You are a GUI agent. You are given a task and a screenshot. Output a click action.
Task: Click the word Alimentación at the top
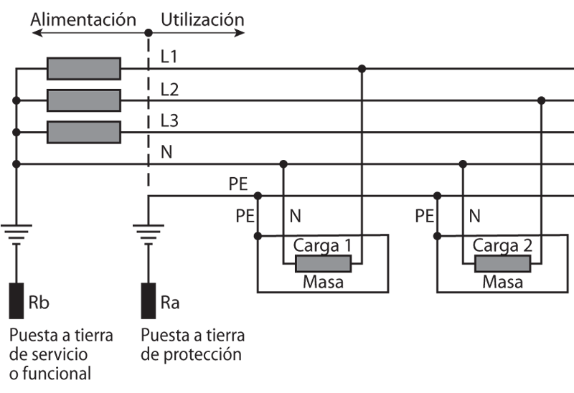pos(83,19)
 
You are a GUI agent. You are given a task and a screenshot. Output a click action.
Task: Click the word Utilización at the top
pos(202,19)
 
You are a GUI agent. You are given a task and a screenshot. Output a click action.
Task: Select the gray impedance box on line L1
pos(84,69)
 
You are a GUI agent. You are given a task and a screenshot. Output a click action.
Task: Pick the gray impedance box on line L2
pos(84,100)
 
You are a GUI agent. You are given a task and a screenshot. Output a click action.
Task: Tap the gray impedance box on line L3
pos(84,132)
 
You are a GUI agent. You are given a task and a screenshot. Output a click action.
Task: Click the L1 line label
pos(170,57)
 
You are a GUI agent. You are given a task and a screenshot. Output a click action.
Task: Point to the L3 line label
pos(170,120)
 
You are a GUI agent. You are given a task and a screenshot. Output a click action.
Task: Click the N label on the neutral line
pos(166,152)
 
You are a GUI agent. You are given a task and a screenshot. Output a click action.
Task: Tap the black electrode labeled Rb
pos(16,301)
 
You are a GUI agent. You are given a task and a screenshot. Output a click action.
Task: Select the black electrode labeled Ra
pos(148,301)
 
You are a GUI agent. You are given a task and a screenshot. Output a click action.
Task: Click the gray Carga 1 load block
pos(324,264)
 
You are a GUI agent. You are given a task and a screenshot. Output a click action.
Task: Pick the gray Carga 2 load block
pos(503,264)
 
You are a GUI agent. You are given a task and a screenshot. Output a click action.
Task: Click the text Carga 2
pos(502,245)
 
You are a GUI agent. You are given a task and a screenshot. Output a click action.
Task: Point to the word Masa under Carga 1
pos(323,282)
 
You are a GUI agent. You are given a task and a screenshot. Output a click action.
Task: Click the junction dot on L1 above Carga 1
pos(362,69)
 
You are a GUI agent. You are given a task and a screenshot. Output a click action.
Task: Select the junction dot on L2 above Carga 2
pos(542,100)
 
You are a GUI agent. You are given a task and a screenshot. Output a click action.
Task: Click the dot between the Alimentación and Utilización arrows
pos(148,33)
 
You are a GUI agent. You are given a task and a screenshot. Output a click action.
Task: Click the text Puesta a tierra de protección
pos(193,345)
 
